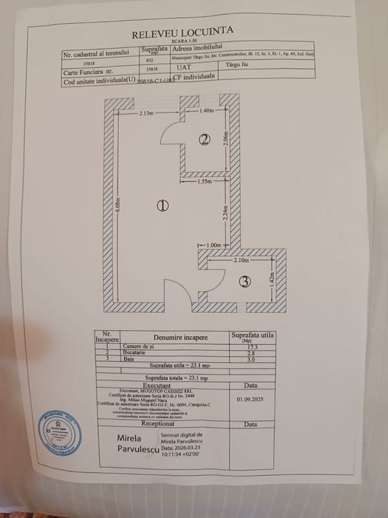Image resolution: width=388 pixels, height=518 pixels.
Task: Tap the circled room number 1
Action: [163, 206]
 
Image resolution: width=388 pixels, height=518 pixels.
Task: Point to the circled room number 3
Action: [245, 281]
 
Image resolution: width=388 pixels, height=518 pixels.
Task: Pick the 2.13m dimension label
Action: [147, 113]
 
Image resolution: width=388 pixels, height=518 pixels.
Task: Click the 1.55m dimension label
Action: [207, 181]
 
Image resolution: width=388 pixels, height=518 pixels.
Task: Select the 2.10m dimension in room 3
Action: [240, 260]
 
